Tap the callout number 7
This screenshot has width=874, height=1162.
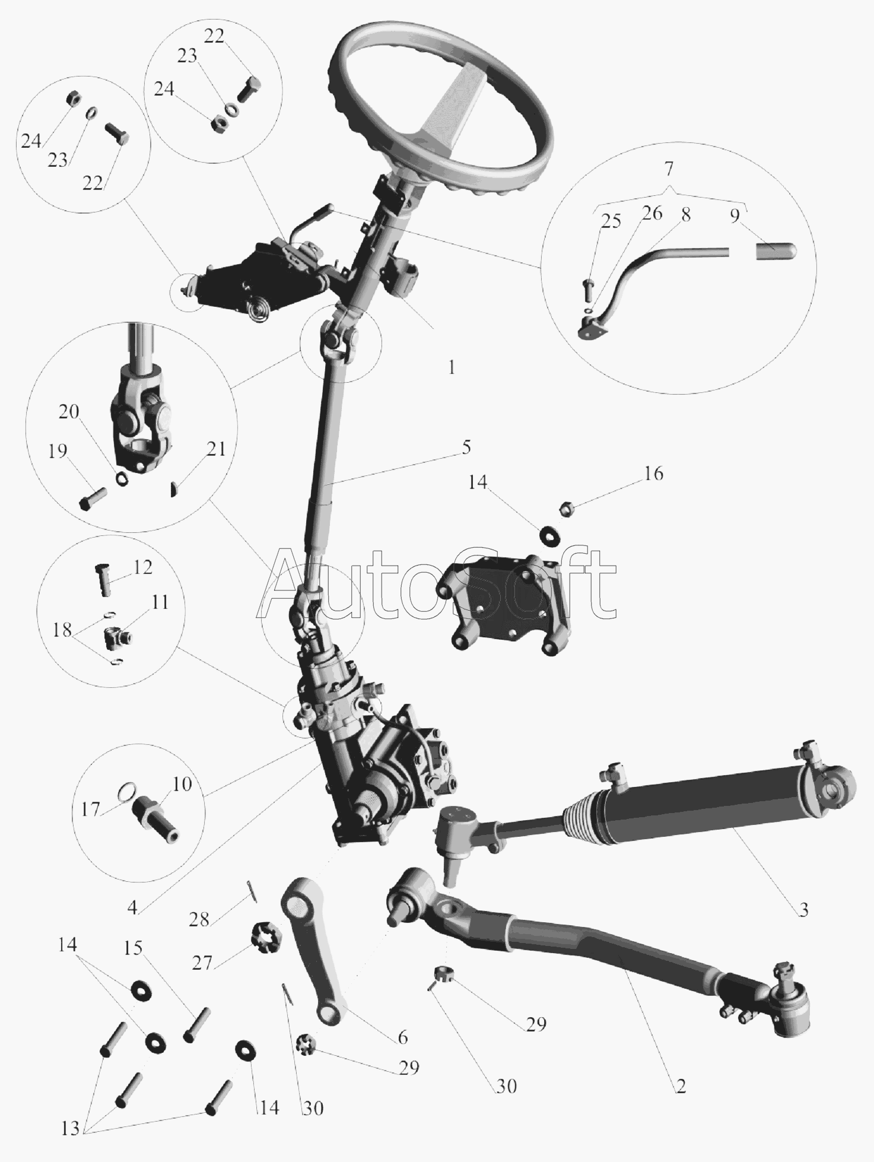(x=669, y=169)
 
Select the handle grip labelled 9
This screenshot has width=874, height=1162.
(x=776, y=251)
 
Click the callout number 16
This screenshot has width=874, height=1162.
(x=653, y=474)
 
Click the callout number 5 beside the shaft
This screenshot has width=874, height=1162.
(x=466, y=447)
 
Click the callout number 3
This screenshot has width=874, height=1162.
(x=803, y=910)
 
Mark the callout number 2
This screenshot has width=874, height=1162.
(x=681, y=1087)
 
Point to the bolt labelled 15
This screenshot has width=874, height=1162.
(x=196, y=1025)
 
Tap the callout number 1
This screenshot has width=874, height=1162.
(x=452, y=367)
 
